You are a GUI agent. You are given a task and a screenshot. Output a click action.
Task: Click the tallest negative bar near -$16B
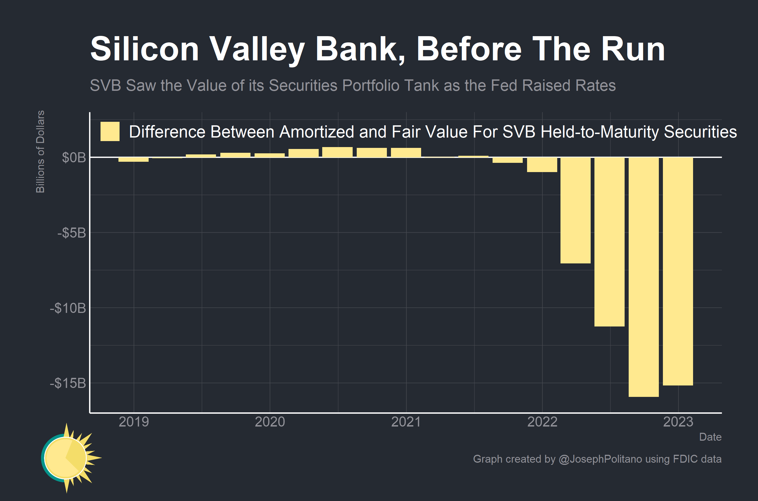[x=643, y=277]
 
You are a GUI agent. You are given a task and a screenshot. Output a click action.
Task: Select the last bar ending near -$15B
[x=678, y=271]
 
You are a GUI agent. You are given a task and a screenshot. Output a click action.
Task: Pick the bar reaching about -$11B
[x=609, y=242]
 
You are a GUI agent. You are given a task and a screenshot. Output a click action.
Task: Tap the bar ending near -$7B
[x=575, y=210]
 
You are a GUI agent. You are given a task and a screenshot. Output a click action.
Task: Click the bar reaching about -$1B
[x=542, y=165]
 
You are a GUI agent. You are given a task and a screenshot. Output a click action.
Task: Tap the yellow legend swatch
[x=110, y=131]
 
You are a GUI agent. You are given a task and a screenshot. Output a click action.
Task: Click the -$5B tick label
[x=71, y=233]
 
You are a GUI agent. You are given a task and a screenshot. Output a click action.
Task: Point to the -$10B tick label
[x=68, y=308]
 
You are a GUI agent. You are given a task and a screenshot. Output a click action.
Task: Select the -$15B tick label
[x=68, y=383]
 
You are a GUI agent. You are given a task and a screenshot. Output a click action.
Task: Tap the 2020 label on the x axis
[x=270, y=422]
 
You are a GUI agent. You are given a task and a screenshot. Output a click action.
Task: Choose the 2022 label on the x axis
[x=542, y=422]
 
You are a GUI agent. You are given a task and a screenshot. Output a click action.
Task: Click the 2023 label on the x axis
[x=678, y=422]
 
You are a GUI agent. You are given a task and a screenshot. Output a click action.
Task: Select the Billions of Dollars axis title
[x=40, y=151]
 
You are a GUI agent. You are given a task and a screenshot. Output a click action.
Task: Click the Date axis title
[x=710, y=437]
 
